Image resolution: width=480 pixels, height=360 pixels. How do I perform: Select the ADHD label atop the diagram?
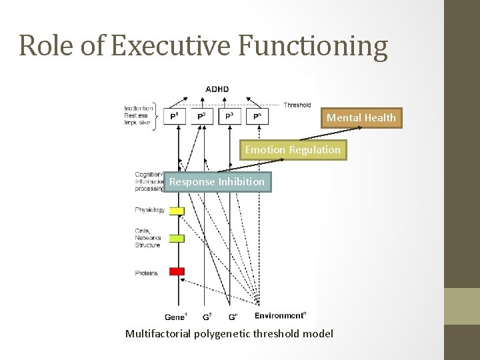click(x=217, y=89)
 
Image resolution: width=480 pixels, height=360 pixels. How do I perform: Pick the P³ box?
click(x=230, y=117)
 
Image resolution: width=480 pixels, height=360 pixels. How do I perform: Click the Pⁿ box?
click(x=257, y=117)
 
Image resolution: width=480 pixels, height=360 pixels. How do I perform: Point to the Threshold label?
click(x=297, y=105)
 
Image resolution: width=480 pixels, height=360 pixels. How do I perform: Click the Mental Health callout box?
click(x=361, y=118)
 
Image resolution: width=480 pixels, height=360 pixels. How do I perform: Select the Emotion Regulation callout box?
click(x=292, y=150)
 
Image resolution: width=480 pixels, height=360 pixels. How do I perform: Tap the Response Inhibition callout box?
click(x=217, y=182)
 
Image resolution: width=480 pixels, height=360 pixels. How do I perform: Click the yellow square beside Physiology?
click(x=176, y=211)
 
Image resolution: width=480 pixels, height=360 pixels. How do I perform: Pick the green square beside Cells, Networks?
click(x=176, y=238)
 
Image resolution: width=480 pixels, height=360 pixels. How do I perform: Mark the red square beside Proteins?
click(x=176, y=271)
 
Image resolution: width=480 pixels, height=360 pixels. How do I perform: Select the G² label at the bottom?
click(x=206, y=316)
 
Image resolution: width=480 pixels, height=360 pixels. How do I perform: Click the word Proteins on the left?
click(x=146, y=273)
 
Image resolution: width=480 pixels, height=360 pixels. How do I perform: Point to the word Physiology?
click(x=149, y=210)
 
